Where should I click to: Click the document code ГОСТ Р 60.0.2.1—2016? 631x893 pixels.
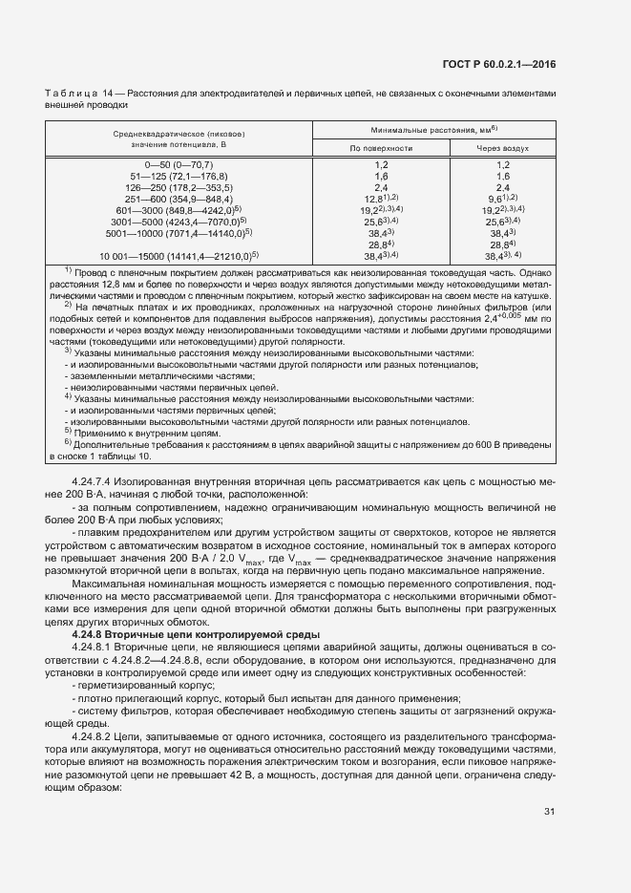tap(501, 64)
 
